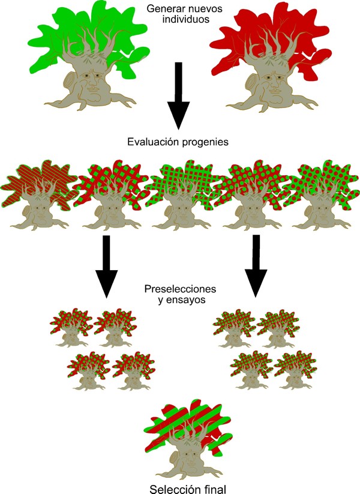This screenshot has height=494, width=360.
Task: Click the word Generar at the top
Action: (x=162, y=8)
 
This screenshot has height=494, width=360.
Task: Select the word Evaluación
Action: (x=152, y=142)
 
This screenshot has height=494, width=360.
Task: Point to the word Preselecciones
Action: (x=180, y=289)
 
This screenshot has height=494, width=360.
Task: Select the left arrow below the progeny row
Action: (x=106, y=267)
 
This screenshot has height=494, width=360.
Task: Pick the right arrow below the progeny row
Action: (x=257, y=267)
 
